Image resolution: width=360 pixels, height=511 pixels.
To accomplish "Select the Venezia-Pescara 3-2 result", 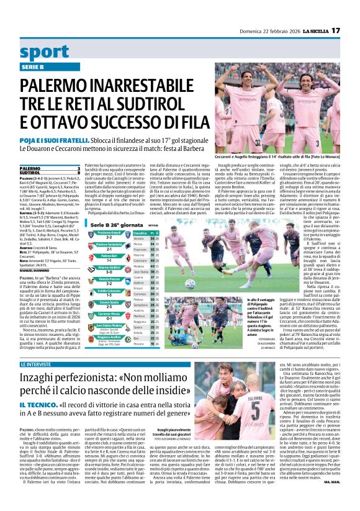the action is pos(109,281).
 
